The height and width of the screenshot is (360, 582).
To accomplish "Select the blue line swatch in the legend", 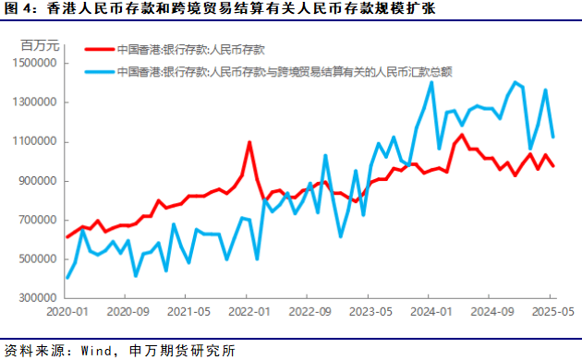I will pos(100,71).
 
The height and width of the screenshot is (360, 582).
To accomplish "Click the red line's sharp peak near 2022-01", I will pos(249,142).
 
